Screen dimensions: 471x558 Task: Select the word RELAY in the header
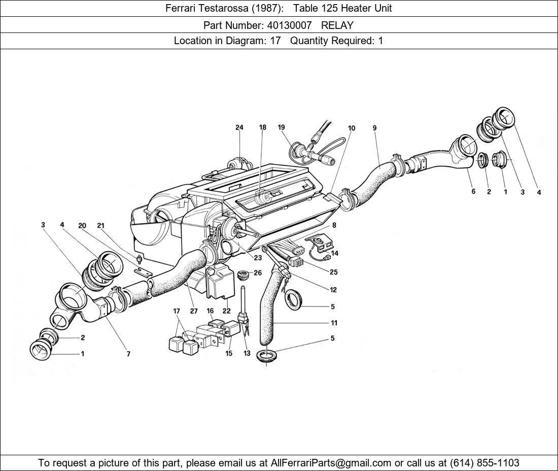(x=337, y=25)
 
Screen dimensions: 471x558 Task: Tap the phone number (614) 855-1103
(x=484, y=462)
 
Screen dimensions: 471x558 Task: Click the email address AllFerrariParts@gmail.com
(x=331, y=462)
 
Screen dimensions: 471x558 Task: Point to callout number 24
(x=239, y=128)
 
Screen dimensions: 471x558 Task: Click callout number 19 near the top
(x=282, y=128)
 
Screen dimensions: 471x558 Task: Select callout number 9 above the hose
(x=375, y=128)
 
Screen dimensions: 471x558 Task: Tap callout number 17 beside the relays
(x=177, y=311)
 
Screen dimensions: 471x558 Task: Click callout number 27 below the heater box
(x=194, y=311)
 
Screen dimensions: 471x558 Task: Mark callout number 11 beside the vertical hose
(x=333, y=323)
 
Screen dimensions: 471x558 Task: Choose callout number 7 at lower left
(x=128, y=354)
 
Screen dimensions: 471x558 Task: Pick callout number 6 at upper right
(x=473, y=192)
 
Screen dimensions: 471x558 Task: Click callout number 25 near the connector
(x=333, y=272)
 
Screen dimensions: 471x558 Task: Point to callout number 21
(x=100, y=225)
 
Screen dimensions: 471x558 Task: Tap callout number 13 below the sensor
(x=247, y=353)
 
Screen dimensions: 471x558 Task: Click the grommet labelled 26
(x=243, y=275)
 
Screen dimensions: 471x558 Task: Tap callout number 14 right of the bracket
(x=335, y=253)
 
